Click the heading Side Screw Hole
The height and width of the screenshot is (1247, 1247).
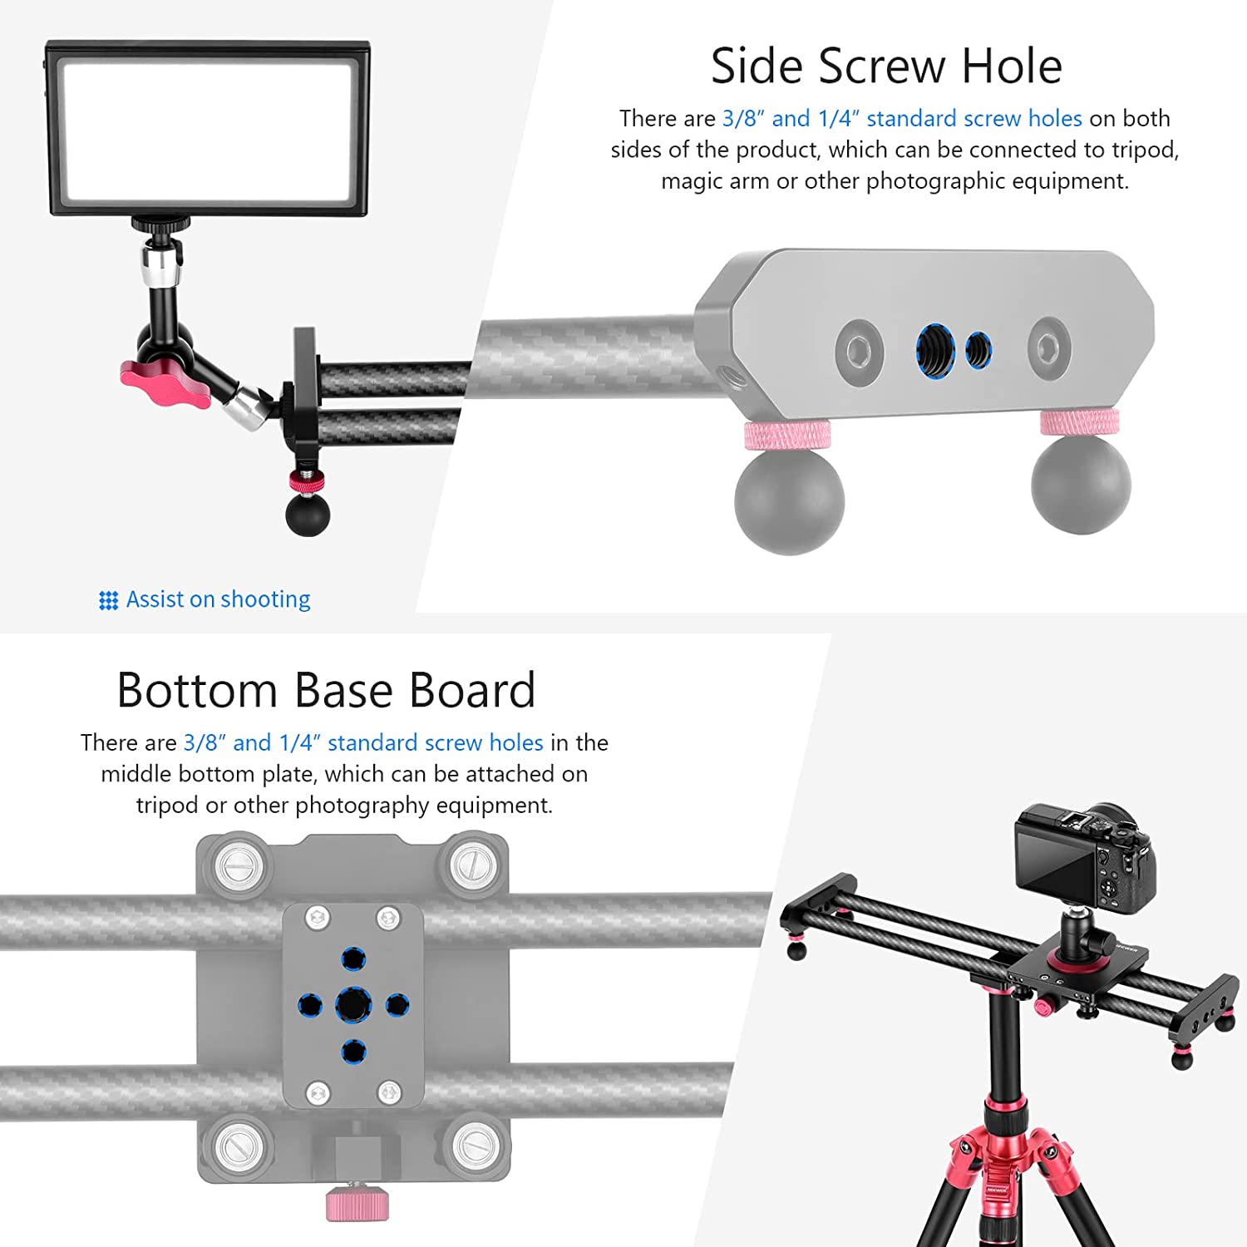886,66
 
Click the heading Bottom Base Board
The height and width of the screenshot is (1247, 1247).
326,690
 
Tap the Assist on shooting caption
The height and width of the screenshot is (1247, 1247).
218,599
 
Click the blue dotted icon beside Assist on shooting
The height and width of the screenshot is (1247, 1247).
108,600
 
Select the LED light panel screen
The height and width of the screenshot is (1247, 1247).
209,131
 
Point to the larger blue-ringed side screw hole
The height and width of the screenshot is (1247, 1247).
935,350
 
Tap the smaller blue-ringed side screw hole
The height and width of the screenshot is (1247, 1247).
978,351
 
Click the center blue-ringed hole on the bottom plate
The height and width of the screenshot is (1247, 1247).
353,1005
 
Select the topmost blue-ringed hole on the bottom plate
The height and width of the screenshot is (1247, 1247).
353,959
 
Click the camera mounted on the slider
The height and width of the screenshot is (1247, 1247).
1084,858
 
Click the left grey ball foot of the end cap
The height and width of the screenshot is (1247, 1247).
790,500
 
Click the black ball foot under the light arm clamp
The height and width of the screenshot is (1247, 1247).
308,514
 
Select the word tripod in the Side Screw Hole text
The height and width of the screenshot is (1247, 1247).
1146,150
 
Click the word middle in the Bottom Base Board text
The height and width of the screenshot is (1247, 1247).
136,774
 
